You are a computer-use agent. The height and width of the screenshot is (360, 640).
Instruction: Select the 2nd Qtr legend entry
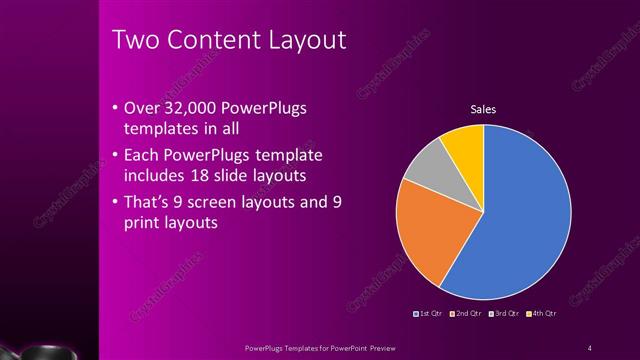[467, 314]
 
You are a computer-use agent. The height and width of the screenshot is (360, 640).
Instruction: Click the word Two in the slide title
[132, 41]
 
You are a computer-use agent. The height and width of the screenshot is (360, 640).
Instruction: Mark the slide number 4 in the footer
[590, 348]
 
